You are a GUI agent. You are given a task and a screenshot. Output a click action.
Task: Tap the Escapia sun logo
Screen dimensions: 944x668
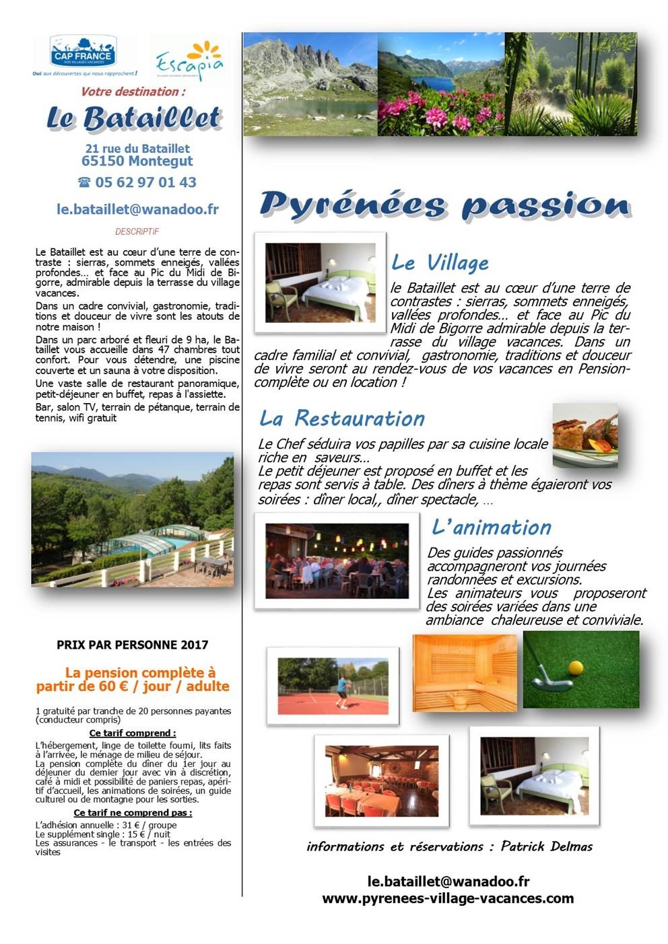click(x=191, y=61)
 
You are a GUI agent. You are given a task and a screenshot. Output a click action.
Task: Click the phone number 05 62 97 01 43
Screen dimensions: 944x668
click(x=137, y=182)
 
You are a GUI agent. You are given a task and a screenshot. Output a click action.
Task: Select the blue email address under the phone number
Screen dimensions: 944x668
click(x=137, y=209)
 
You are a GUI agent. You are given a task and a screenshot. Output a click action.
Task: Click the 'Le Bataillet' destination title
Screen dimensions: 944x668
click(x=133, y=118)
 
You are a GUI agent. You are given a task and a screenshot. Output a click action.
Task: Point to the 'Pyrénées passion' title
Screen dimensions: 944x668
click(x=444, y=205)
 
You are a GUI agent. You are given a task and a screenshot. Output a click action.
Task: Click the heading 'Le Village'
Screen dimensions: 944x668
click(x=440, y=262)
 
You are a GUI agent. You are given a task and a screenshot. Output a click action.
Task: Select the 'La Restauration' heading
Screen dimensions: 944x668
click(x=342, y=419)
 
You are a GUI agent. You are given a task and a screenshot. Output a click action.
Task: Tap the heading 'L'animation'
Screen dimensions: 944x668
click(x=492, y=528)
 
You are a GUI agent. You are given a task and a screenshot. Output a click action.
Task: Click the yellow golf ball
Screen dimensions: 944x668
click(x=576, y=667)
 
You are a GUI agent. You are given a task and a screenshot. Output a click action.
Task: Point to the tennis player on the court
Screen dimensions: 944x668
click(x=343, y=691)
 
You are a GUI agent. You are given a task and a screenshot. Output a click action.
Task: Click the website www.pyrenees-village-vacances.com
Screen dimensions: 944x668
click(x=448, y=898)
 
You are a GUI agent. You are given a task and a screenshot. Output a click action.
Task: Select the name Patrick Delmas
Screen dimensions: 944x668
click(x=547, y=846)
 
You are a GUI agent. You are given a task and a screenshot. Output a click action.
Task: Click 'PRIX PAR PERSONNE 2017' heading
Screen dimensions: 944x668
click(x=133, y=645)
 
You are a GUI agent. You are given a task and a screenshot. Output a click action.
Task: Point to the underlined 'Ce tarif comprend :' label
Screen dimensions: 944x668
click(x=133, y=733)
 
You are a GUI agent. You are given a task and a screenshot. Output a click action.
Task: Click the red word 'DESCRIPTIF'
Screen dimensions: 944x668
click(x=137, y=231)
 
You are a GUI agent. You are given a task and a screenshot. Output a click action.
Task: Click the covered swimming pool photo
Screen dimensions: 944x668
click(x=133, y=519)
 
